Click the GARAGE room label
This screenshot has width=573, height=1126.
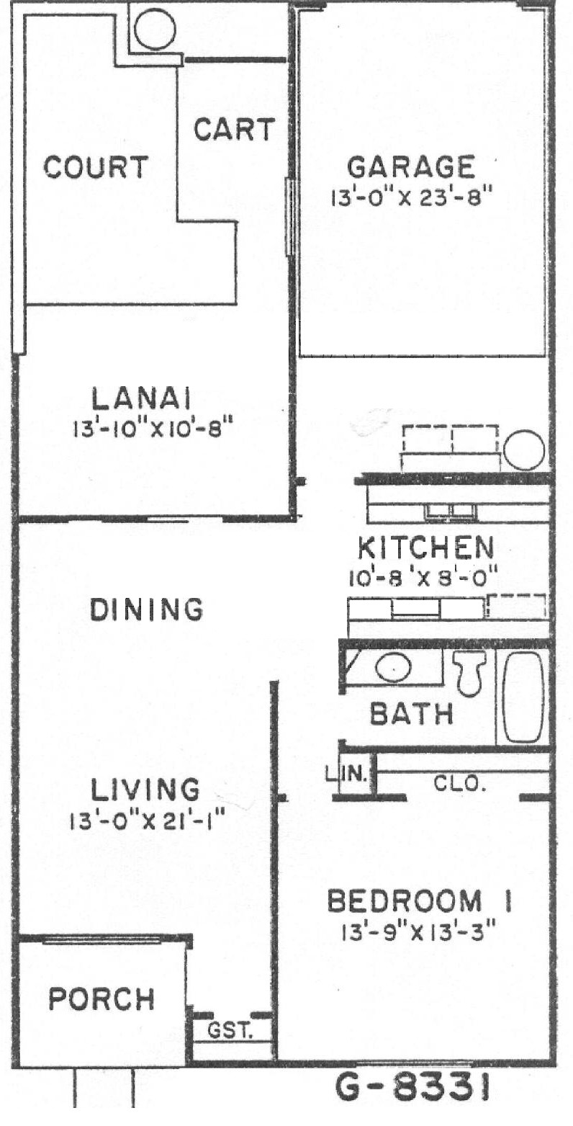(411, 167)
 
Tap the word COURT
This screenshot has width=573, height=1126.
(96, 166)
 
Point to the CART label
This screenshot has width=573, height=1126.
(234, 129)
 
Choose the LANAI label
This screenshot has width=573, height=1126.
(142, 399)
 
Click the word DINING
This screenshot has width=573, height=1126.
(146, 609)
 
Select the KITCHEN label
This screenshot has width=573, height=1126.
(426, 548)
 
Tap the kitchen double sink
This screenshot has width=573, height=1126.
(451, 511)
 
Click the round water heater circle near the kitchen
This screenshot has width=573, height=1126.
(524, 450)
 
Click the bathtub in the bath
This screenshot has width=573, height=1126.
(523, 696)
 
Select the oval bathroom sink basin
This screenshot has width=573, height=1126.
(394, 668)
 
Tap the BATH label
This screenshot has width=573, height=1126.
(412, 714)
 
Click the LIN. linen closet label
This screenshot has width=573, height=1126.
(347, 774)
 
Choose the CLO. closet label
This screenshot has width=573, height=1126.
(459, 783)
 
